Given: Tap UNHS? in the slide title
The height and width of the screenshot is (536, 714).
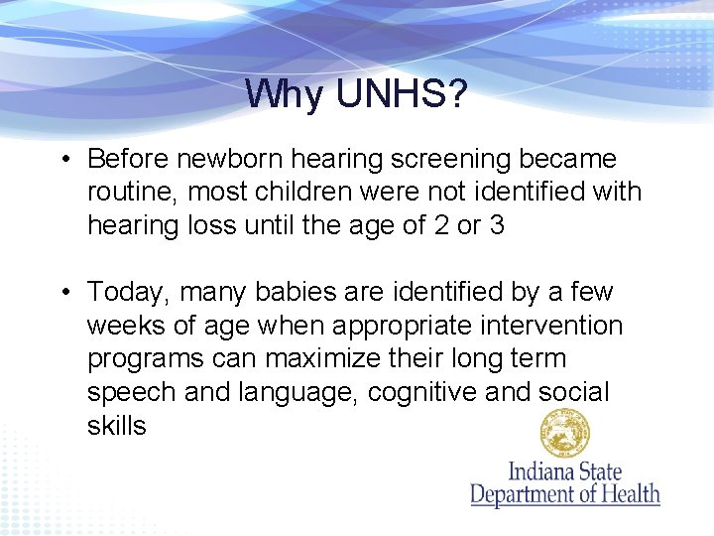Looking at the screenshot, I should coord(402,94).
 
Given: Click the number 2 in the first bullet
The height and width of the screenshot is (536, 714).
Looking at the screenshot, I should coord(439,226).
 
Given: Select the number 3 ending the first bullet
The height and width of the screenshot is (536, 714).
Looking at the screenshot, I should coord(497,226).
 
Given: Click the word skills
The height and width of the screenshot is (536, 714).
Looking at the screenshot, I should coord(116,427).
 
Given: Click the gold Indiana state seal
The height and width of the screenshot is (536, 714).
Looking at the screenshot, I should coord(564,434).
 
